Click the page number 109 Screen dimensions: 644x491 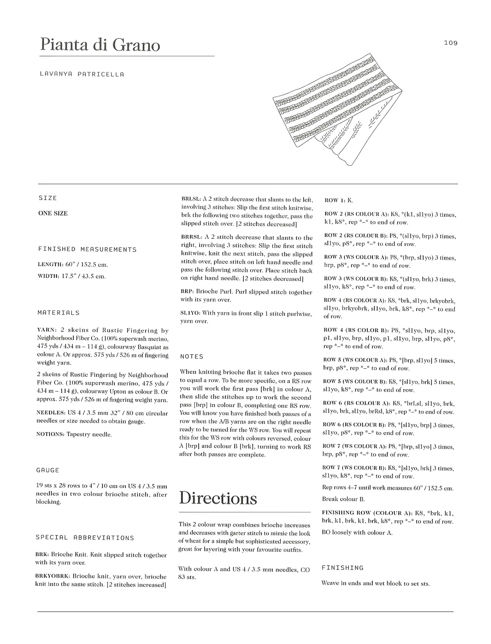click(x=450, y=43)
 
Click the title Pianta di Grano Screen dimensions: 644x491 click(x=100, y=45)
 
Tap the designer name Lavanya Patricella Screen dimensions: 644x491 click(x=82, y=74)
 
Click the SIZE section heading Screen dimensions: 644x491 click(x=47, y=198)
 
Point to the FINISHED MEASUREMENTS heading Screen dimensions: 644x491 click(x=87, y=249)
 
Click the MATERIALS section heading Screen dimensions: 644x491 click(x=58, y=313)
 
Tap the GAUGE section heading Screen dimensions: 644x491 click(x=47, y=470)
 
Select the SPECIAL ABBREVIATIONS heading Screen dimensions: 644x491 click(x=85, y=538)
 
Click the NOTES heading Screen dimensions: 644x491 click(x=191, y=356)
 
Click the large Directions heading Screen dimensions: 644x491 click(x=218, y=498)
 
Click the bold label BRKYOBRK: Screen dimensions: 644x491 click(x=53, y=576)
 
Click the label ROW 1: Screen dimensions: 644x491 click(x=335, y=200)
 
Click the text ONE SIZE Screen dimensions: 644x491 click(x=53, y=213)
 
